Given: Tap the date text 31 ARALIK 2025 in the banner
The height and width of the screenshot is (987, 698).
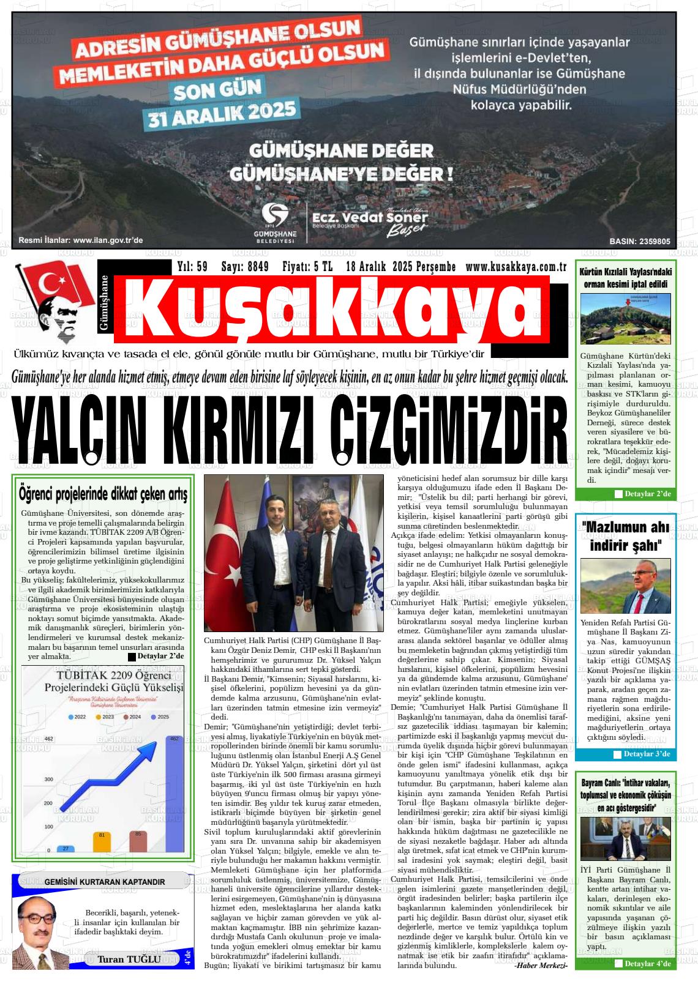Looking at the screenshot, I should (222, 114).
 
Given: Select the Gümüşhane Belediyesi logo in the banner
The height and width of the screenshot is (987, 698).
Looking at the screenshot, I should (275, 222).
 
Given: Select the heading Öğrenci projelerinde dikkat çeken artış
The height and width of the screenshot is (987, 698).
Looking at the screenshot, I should (103, 493).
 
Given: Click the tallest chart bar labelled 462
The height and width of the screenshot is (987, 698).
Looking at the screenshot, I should (174, 794).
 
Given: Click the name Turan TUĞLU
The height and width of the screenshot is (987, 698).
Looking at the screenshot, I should (129, 959).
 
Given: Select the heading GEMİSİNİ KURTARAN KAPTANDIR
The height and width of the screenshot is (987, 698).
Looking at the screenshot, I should (105, 882).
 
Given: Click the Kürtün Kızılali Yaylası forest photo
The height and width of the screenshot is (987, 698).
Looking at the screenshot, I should (625, 319).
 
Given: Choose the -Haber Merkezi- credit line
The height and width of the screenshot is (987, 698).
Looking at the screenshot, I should (541, 966).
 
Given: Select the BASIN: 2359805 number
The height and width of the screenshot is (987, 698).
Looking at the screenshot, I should (639, 241).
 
